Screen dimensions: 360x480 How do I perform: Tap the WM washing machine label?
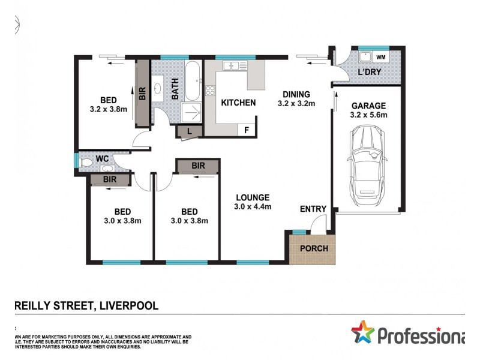[x=381, y=57]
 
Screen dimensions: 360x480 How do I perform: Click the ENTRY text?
[x=313, y=209]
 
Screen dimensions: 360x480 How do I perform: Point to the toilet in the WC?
[x=86, y=161]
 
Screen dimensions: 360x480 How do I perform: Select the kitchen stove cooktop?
[x=211, y=92]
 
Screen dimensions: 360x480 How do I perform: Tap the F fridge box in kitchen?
[x=246, y=130]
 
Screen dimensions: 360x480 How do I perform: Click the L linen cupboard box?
[x=190, y=131]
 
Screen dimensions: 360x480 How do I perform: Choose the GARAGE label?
[x=369, y=106]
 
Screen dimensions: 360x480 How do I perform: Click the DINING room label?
[x=296, y=94]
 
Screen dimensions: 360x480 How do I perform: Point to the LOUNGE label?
[x=253, y=197]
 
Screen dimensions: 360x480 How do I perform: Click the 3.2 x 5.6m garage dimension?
[x=369, y=115]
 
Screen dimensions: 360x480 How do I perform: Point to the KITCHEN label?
[x=238, y=103]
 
